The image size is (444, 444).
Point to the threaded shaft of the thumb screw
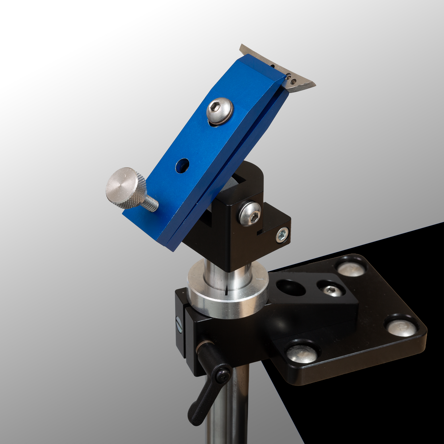pyautogui.click(x=151, y=204)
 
